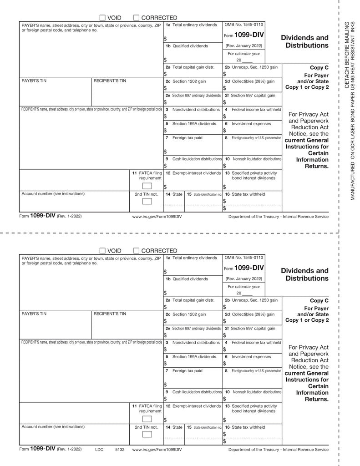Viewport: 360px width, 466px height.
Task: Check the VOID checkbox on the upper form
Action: pos(102,18)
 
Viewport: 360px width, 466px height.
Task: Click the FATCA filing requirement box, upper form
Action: pos(147,186)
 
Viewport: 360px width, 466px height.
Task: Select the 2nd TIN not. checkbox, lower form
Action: pos(147,434)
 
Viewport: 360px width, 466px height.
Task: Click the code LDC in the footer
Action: pos(99,449)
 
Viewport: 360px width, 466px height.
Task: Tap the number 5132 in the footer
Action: pos(120,449)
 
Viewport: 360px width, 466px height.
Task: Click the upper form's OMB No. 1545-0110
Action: pos(243,25)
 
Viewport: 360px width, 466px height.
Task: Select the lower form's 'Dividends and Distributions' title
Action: pos(304,274)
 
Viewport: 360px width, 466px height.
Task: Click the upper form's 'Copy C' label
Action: pos(319,68)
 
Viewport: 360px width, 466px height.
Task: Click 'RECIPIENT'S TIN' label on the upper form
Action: pos(110,81)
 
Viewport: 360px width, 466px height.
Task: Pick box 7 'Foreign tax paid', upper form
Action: pos(187,137)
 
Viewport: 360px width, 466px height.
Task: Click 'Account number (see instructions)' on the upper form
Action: pos(53,194)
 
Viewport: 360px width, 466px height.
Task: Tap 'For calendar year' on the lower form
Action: pos(244,287)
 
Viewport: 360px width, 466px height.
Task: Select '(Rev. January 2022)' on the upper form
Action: pos(243,46)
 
